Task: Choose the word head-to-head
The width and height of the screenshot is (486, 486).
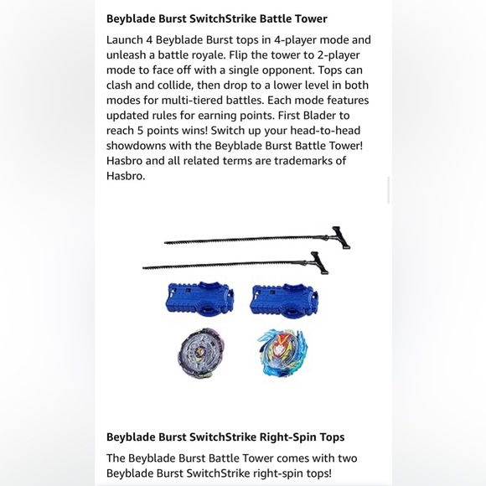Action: [328, 131]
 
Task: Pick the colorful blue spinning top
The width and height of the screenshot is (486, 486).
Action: [282, 352]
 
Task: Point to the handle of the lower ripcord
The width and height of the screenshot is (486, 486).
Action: [318, 262]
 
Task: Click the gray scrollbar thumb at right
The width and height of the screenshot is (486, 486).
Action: [388, 190]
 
